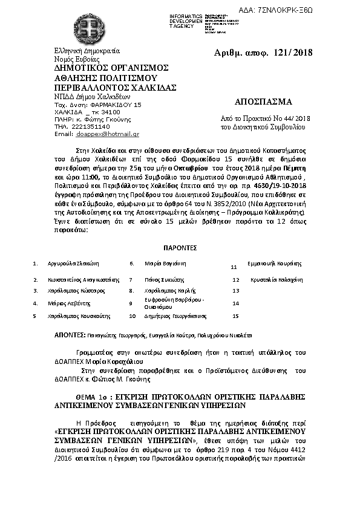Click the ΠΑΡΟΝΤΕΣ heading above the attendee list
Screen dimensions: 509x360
tap(180, 248)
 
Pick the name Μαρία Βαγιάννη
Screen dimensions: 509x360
tap(165, 264)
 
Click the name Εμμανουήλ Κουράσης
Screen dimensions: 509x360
tap(275, 264)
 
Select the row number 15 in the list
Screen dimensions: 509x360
tap(236, 316)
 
